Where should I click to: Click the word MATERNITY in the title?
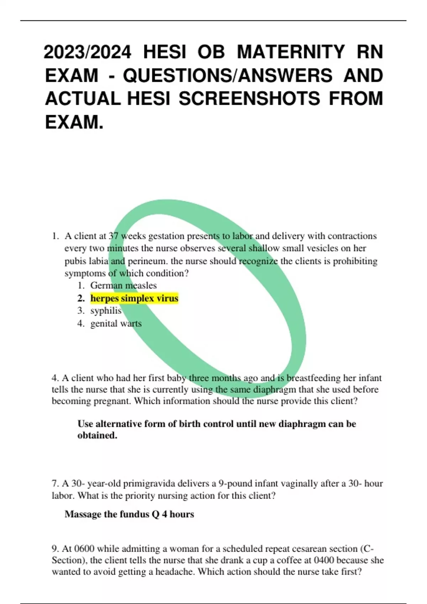290,52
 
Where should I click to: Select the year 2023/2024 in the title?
88,52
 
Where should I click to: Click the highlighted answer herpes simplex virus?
134,298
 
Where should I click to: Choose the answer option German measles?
123,285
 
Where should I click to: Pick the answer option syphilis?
106,311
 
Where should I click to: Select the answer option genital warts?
116,323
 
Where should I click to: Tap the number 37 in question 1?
114,236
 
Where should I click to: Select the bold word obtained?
97,435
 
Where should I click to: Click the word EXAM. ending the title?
74,122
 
